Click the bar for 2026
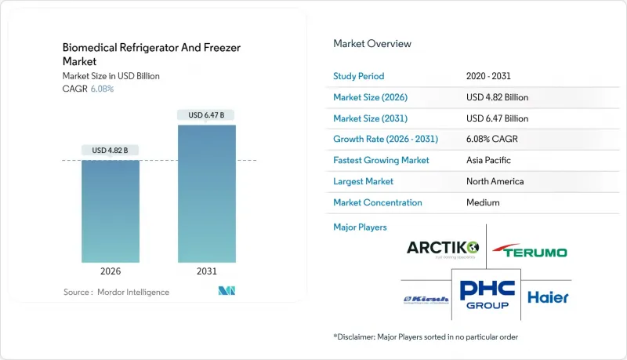click(x=111, y=211)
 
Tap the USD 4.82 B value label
click(x=111, y=150)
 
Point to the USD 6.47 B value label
click(x=207, y=115)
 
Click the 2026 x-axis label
click(x=111, y=272)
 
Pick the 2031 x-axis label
click(x=207, y=272)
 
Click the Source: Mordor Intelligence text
click(x=116, y=292)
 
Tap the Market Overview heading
click(x=372, y=43)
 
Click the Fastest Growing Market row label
click(x=382, y=160)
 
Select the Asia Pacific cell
click(x=487, y=160)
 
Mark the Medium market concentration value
click(x=482, y=202)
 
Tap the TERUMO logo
click(x=530, y=251)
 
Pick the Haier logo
click(x=549, y=297)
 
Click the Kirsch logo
click(x=426, y=299)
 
